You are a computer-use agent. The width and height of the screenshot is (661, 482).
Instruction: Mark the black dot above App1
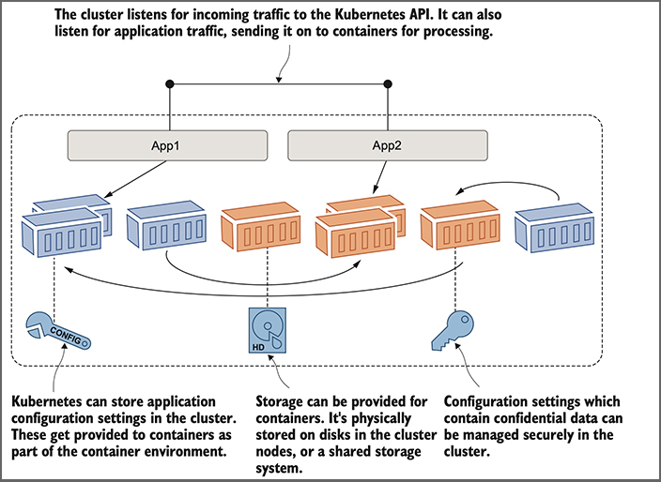click(x=170, y=85)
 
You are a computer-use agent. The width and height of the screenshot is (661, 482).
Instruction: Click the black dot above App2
click(x=388, y=85)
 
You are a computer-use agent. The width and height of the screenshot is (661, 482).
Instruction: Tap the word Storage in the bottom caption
click(x=281, y=398)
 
